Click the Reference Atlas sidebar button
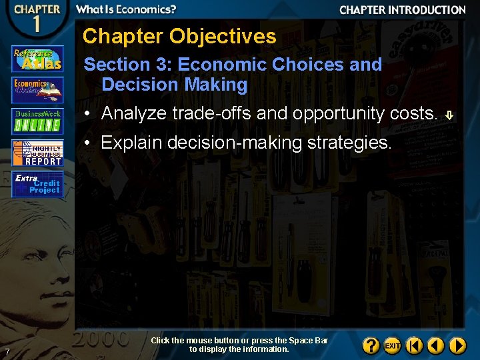(x=37, y=59)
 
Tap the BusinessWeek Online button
(x=37, y=121)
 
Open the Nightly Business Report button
(x=37, y=153)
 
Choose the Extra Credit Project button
(x=37, y=184)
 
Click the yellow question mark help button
(x=371, y=346)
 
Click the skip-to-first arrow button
(x=415, y=346)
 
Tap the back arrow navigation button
(x=436, y=346)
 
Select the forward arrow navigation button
(x=457, y=346)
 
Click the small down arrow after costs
(x=449, y=115)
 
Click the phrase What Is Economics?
(x=126, y=9)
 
